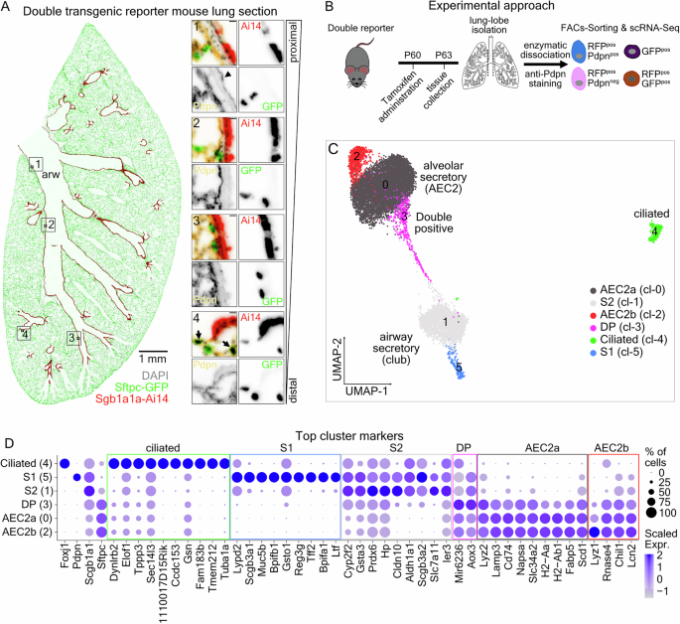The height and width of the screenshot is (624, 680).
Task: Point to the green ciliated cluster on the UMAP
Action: [653, 232]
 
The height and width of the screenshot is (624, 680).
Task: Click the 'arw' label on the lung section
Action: [49, 175]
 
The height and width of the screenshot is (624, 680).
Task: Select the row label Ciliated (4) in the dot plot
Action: [28, 464]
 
